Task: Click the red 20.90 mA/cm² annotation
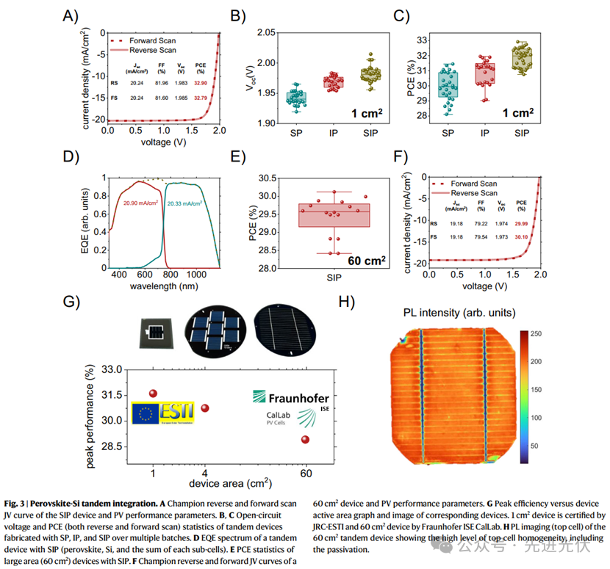142,203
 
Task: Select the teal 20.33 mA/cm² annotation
186,203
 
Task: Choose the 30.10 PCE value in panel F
521,237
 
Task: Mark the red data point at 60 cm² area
305,440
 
